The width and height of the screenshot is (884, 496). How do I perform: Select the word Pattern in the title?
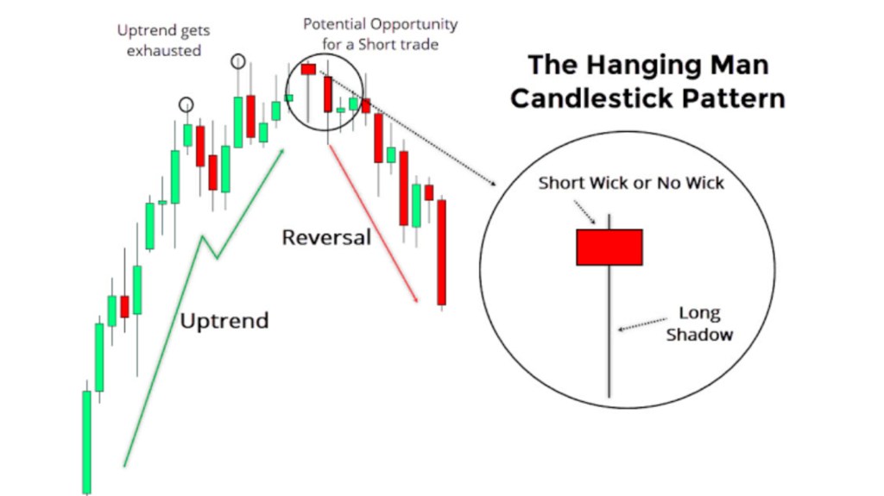(734, 98)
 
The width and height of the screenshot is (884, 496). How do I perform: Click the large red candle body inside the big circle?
(609, 247)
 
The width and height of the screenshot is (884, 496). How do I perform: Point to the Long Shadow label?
(699, 323)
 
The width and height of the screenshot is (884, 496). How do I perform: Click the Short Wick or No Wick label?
(631, 183)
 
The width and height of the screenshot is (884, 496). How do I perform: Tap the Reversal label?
(326, 237)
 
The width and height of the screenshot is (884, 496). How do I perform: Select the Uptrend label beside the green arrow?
(224, 321)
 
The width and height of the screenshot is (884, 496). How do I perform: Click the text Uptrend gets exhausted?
(163, 40)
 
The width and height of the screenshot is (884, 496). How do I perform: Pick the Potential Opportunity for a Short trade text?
(381, 34)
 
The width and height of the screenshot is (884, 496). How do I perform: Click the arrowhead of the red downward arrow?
(416, 298)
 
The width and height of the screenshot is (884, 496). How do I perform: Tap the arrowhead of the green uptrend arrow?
(281, 152)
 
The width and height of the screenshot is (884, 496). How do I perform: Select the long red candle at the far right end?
(442, 253)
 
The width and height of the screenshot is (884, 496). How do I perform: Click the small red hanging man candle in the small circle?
(308, 69)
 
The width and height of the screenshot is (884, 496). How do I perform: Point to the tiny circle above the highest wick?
(238, 61)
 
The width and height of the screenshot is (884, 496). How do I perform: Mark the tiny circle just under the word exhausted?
(186, 105)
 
